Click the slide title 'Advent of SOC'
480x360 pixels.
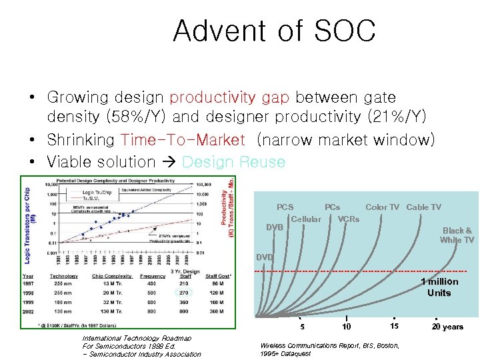click(x=274, y=31)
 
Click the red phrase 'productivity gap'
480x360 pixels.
click(x=229, y=98)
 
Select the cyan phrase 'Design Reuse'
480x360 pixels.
click(x=233, y=162)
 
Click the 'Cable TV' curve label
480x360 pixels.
click(x=423, y=207)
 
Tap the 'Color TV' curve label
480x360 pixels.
click(x=382, y=207)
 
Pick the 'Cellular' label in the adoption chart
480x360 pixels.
click(x=306, y=219)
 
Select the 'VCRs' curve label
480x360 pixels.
click(x=348, y=219)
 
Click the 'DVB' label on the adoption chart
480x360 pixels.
click(x=275, y=227)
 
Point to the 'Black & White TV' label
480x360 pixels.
click(x=457, y=235)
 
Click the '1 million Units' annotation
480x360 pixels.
click(x=439, y=287)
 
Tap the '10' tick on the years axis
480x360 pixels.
click(x=346, y=327)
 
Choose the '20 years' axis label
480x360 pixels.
click(x=447, y=327)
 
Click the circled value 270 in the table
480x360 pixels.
click(x=185, y=292)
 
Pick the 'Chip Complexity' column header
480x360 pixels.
click(x=111, y=275)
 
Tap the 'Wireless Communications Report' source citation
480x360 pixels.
click(x=329, y=345)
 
